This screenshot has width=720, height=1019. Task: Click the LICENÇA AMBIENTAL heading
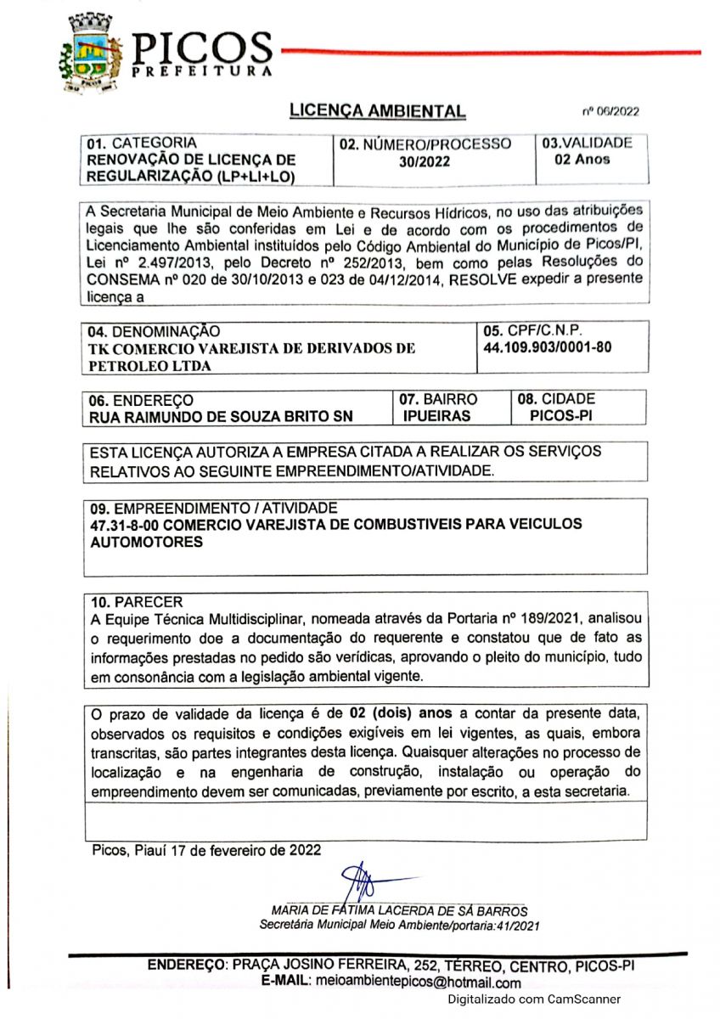(x=377, y=110)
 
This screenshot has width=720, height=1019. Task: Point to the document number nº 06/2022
(x=610, y=111)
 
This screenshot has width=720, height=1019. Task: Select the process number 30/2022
(x=425, y=161)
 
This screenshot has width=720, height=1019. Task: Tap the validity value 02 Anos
(x=582, y=160)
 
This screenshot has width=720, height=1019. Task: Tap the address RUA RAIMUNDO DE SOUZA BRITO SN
(x=222, y=417)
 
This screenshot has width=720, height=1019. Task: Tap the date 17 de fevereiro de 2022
(x=250, y=848)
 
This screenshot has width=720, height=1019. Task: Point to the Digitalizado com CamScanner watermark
(x=534, y=999)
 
